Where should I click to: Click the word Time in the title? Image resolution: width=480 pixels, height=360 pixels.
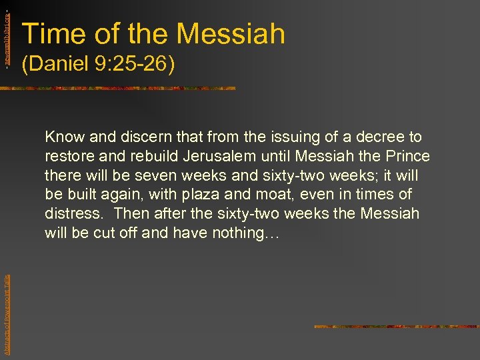coord(52,34)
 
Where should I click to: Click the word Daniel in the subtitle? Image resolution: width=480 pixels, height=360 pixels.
coord(59,65)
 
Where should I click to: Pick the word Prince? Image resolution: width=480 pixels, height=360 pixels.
coord(408,157)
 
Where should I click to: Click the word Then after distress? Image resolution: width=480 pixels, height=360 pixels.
coord(131,214)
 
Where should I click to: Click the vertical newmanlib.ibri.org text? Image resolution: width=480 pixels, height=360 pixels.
coord(7,33)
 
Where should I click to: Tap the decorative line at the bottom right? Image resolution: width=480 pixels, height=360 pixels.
coord(396,327)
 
